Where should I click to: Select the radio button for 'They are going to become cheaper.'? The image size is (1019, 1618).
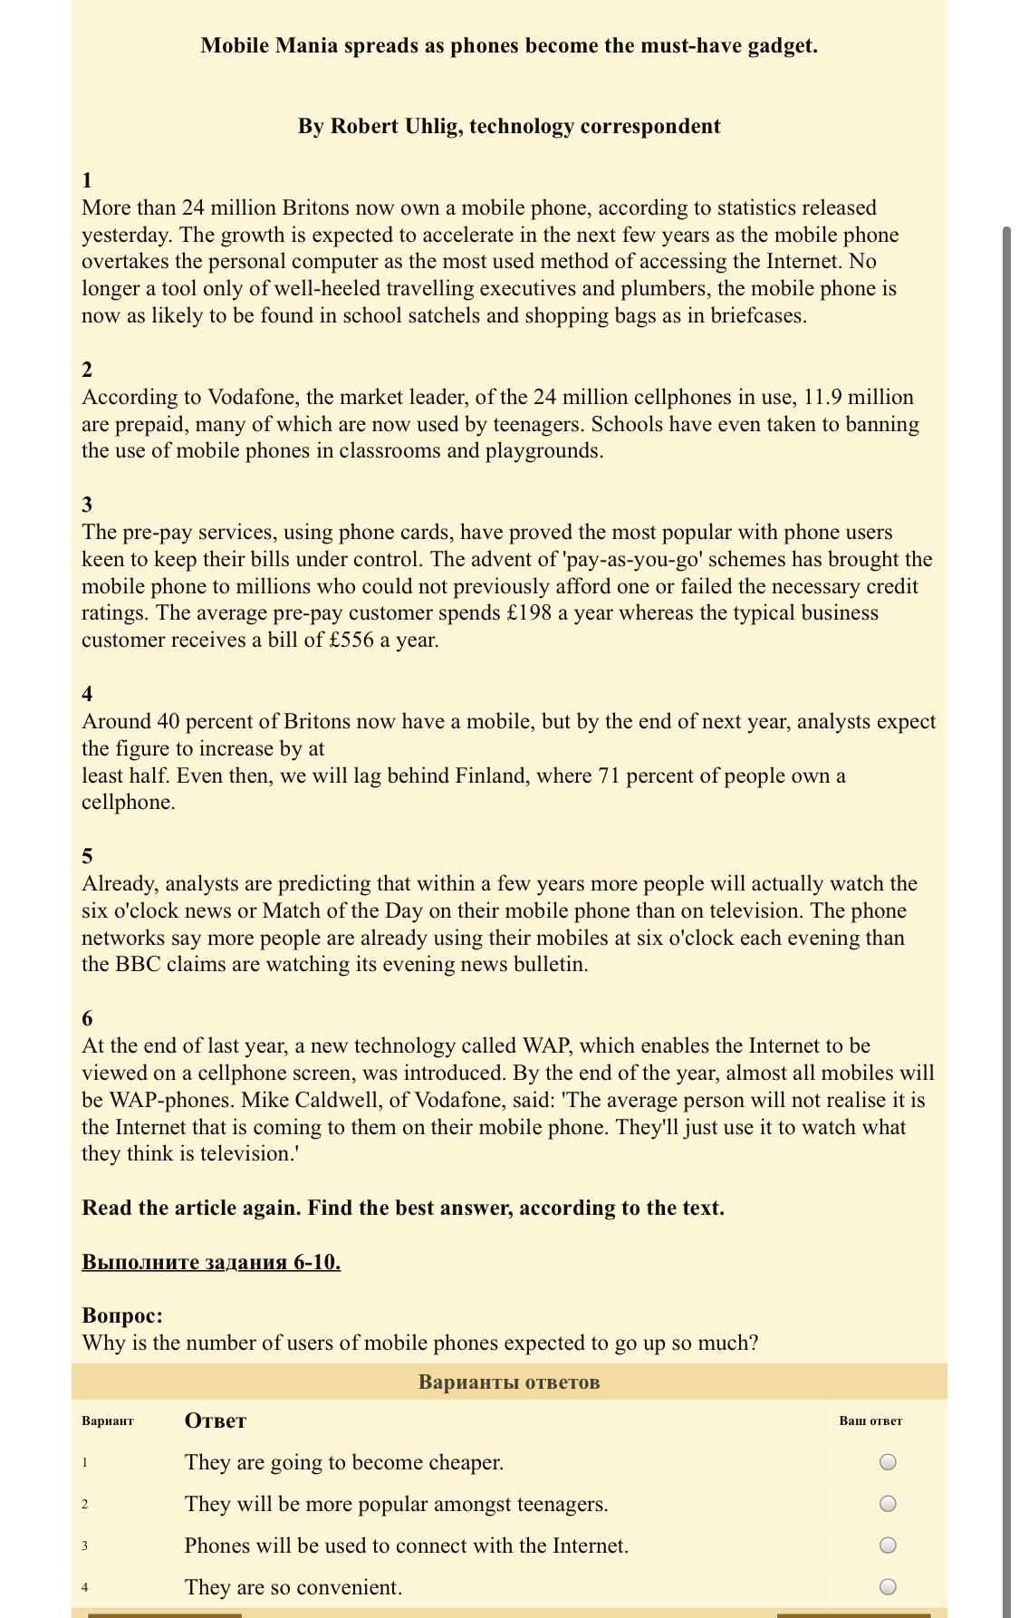pyautogui.click(x=888, y=1461)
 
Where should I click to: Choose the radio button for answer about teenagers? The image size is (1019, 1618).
pyautogui.click(x=888, y=1503)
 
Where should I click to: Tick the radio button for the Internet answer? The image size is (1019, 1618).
pyautogui.click(x=888, y=1545)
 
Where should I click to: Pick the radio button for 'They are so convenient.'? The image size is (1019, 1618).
pyautogui.click(x=888, y=1586)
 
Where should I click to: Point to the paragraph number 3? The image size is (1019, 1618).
pyautogui.click(x=87, y=504)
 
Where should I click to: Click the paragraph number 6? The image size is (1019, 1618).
pyautogui.click(x=87, y=1017)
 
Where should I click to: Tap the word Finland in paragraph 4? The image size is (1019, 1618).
pyautogui.click(x=491, y=775)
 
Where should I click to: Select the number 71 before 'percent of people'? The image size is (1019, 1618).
pyautogui.click(x=610, y=775)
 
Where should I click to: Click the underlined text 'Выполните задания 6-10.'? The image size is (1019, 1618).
pyautogui.click(x=211, y=1261)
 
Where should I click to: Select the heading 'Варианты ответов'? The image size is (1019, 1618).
pyautogui.click(x=509, y=1382)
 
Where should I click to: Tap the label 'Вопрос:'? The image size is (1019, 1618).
pyautogui.click(x=122, y=1315)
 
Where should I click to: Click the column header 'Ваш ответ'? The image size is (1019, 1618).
pyautogui.click(x=870, y=1421)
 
